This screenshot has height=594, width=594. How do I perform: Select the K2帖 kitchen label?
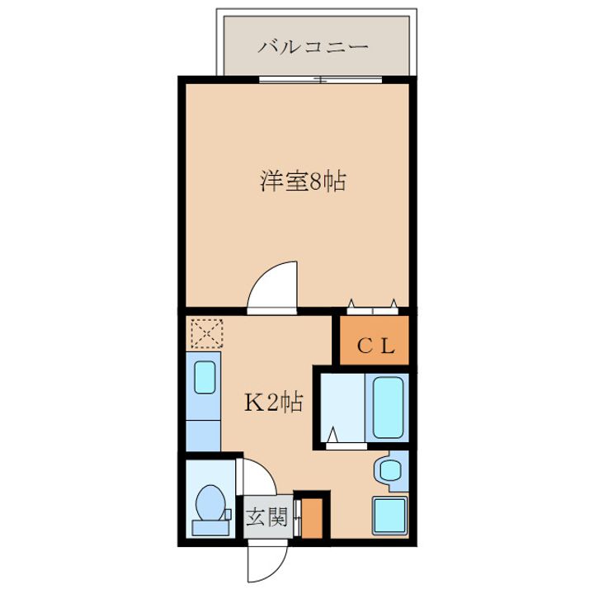(x=272, y=403)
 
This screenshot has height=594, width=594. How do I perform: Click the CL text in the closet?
(x=375, y=347)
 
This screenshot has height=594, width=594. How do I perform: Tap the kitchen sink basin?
(x=205, y=379)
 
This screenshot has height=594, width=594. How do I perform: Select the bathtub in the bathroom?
(x=386, y=408)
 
